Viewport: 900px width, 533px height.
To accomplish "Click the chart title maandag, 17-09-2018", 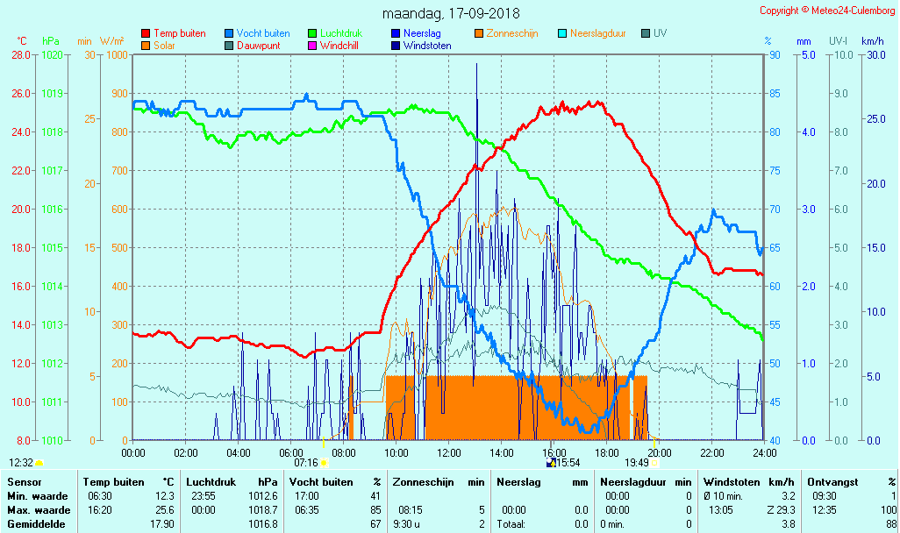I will click(x=451, y=13).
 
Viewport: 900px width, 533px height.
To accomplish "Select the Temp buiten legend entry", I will click(x=179, y=33).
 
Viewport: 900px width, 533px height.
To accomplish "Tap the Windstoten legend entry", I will click(x=427, y=46).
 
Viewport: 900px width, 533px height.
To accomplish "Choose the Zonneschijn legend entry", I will click(x=512, y=33).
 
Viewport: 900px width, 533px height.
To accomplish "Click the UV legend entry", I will click(x=660, y=33).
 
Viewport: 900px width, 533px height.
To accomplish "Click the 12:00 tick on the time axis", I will click(x=449, y=452).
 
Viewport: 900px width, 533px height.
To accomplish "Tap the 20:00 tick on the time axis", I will click(x=660, y=452).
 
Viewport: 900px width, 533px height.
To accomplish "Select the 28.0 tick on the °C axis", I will click(x=20, y=54).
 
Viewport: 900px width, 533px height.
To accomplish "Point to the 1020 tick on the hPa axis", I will click(x=52, y=54).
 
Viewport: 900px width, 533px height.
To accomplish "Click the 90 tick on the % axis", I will click(x=775, y=54).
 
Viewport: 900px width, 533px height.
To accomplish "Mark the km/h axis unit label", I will click(x=872, y=41).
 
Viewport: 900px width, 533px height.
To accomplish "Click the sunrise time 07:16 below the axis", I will click(x=305, y=462).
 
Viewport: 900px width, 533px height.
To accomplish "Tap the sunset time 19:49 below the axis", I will click(x=637, y=462).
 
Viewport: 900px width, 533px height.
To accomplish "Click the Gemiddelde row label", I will click(x=34, y=523).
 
